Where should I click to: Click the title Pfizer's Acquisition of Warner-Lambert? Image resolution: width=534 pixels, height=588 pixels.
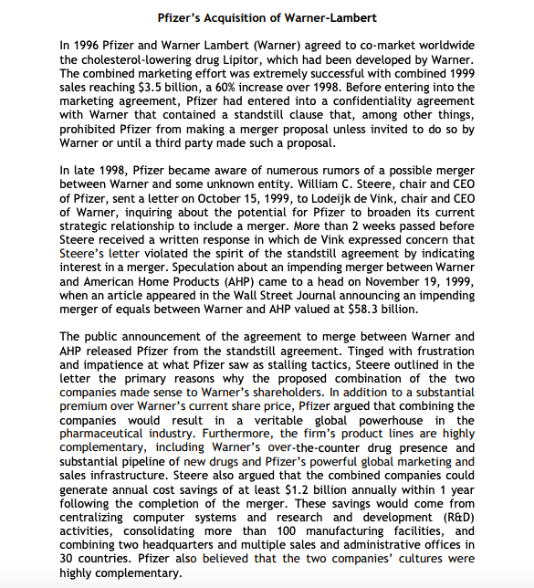click(267, 17)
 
